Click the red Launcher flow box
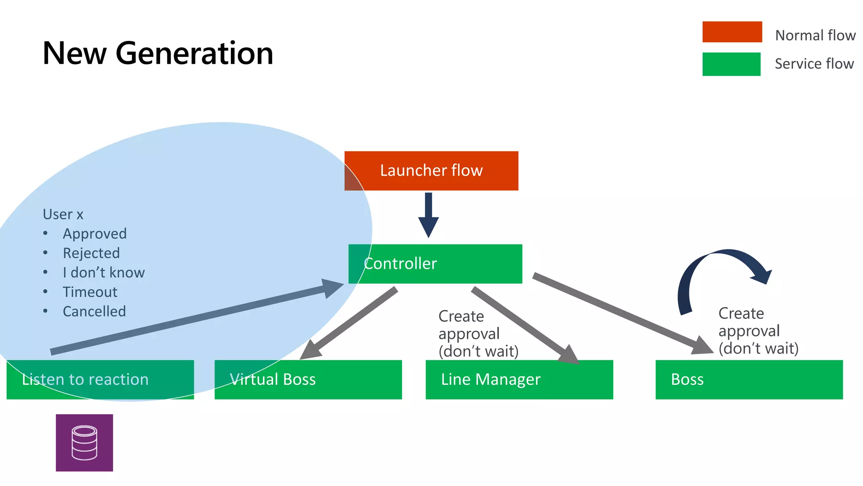[431, 171]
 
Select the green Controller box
[435, 264]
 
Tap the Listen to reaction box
[100, 379]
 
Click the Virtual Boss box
[308, 379]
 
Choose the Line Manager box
[519, 379]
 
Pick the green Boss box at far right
[749, 379]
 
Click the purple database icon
[84, 443]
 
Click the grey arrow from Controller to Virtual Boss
[350, 323]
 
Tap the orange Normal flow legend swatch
[732, 32]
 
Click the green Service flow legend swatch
[731, 64]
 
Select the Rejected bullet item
[91, 253]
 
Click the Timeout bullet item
[90, 292]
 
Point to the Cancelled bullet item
[94, 311]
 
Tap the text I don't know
[104, 273]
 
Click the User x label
[63, 214]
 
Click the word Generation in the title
[194, 54]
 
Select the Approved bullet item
[94, 234]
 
